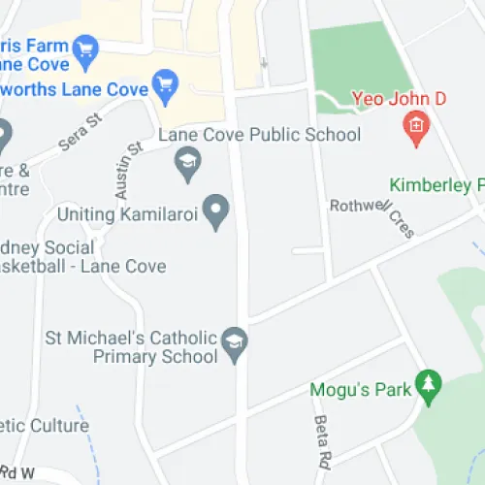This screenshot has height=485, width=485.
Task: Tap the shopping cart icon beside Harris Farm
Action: point(86,47)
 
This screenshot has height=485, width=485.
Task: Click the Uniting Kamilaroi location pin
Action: point(218,210)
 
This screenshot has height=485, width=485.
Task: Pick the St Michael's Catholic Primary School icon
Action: point(233,343)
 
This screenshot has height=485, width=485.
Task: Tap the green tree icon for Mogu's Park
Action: point(427,385)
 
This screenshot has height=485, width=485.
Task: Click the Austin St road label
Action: point(128,171)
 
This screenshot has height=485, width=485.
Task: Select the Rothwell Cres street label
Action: point(372,217)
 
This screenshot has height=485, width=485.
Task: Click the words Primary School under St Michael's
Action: point(154,357)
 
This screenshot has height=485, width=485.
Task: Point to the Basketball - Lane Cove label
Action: point(82,266)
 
